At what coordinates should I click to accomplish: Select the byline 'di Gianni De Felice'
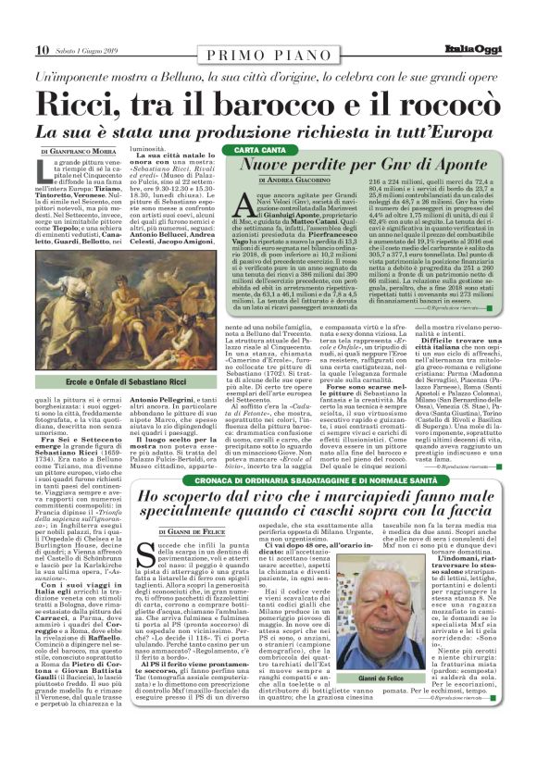point(191,532)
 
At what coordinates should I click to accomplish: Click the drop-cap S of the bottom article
point(168,559)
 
